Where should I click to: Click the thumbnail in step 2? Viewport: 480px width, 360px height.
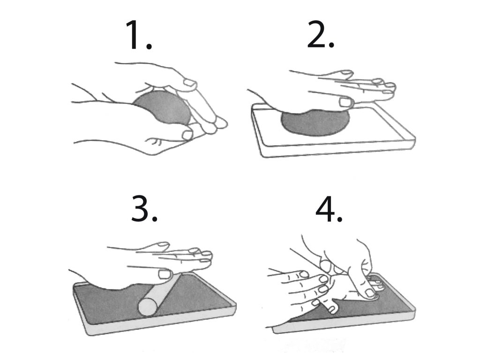click(345, 102)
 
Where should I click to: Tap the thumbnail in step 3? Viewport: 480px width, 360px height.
click(165, 274)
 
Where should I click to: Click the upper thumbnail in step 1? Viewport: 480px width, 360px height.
click(189, 83)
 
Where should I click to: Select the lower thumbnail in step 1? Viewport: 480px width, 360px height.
click(187, 135)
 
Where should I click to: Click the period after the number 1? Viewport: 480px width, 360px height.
click(149, 46)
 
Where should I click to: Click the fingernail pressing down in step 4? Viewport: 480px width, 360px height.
click(369, 293)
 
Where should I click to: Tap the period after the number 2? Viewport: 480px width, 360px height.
click(331, 45)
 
